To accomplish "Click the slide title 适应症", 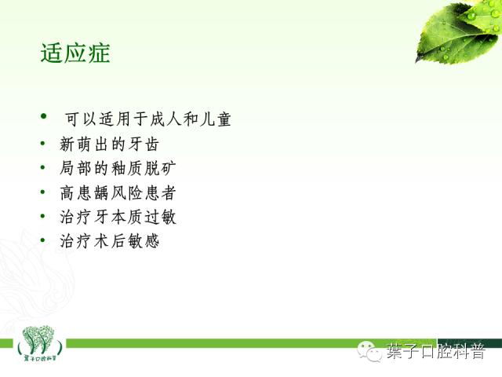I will click(75, 53).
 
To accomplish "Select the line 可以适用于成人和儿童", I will click(147, 120).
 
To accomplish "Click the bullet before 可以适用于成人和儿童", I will click(44, 118).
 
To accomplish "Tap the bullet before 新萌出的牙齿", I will click(44, 145).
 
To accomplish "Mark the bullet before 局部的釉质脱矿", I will click(44, 168).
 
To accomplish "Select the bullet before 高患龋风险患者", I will click(44, 192).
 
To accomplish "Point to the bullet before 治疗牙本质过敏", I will click(44, 217).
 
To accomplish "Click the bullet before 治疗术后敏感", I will click(44, 241).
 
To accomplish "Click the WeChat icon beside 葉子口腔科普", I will click(369, 350).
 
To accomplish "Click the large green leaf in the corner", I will click(457, 31).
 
